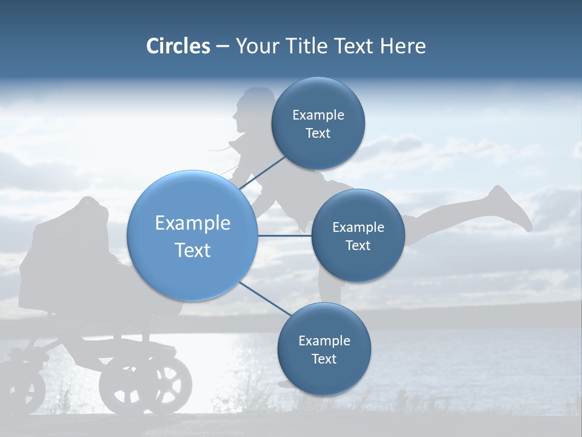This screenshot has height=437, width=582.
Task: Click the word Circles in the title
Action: coord(178,46)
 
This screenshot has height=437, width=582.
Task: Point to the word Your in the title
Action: coord(258,46)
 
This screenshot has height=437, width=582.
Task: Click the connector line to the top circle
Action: coord(262,172)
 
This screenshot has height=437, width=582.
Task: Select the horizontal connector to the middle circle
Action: coord(284,235)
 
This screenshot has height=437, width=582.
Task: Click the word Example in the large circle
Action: coord(193,223)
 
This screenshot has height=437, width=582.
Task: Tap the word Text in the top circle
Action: coord(318,134)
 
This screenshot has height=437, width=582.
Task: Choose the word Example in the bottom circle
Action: coord(324,340)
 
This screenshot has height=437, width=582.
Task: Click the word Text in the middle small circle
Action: coord(358,246)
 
